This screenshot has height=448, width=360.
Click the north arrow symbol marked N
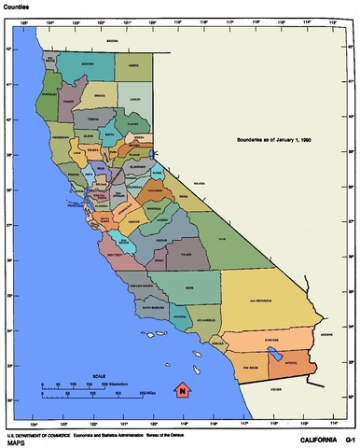(184, 389)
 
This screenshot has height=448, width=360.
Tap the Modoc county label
(133, 64)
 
